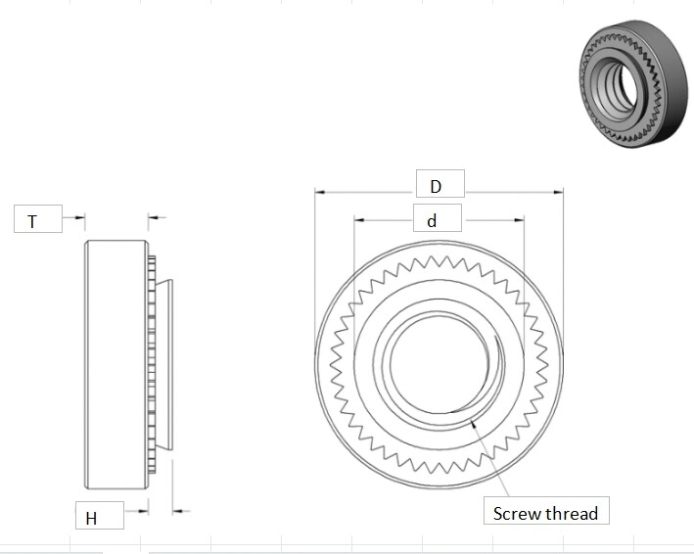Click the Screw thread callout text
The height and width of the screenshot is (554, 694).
point(545,513)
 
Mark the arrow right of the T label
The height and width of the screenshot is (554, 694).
point(81,217)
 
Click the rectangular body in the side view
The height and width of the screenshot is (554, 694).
point(116,364)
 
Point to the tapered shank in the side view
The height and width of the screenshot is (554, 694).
point(166,364)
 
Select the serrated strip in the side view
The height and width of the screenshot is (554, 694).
point(152,364)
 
